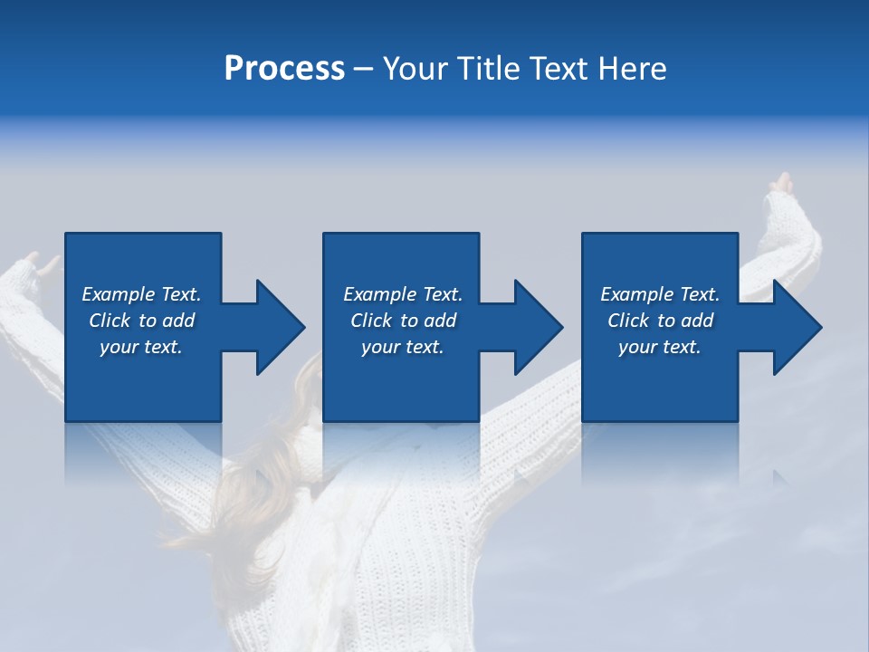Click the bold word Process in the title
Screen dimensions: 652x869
pos(284,68)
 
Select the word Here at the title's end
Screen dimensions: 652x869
pos(632,68)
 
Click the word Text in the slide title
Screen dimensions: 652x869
pos(559,68)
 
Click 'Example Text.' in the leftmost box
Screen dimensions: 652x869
pos(141,294)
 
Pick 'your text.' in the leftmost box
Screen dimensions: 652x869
pos(141,347)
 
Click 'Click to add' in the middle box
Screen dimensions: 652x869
pos(403,321)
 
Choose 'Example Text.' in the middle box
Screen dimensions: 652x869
pos(403,294)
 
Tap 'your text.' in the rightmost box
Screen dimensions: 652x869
pos(660,347)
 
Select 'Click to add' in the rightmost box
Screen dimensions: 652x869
pos(660,321)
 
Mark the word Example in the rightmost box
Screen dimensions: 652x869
pos(636,294)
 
